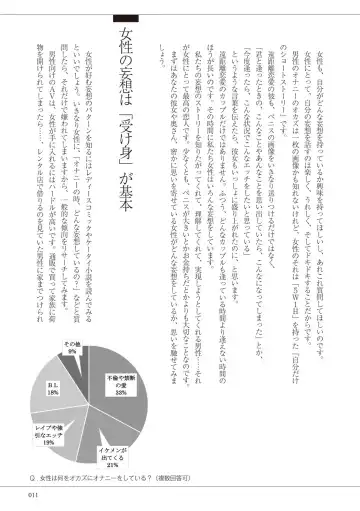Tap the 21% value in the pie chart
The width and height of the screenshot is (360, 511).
128,437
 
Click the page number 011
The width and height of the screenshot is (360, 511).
33,492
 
